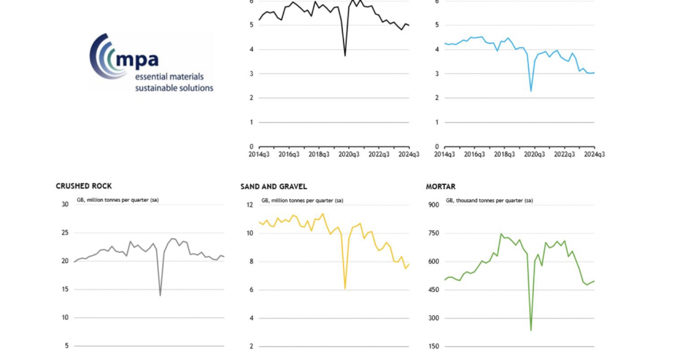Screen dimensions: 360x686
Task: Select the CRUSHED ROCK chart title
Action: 83,186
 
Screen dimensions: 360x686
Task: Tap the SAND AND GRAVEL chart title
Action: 274,186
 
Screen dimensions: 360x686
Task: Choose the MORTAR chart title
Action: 441,186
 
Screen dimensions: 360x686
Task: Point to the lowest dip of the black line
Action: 345,55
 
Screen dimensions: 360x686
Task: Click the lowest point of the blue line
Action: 531,91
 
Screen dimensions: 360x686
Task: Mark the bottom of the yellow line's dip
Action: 345,289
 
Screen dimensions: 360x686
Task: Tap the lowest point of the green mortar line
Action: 531,330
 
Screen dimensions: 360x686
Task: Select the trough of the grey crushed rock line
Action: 160,295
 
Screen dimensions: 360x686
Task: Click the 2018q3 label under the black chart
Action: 319,154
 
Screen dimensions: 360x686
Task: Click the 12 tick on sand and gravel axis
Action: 249,205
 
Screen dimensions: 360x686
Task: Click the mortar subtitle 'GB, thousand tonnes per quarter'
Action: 489,201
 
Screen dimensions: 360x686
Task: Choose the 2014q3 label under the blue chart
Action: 445,154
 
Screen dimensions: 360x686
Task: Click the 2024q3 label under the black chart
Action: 408,154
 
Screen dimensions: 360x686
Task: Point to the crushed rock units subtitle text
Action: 117,201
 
